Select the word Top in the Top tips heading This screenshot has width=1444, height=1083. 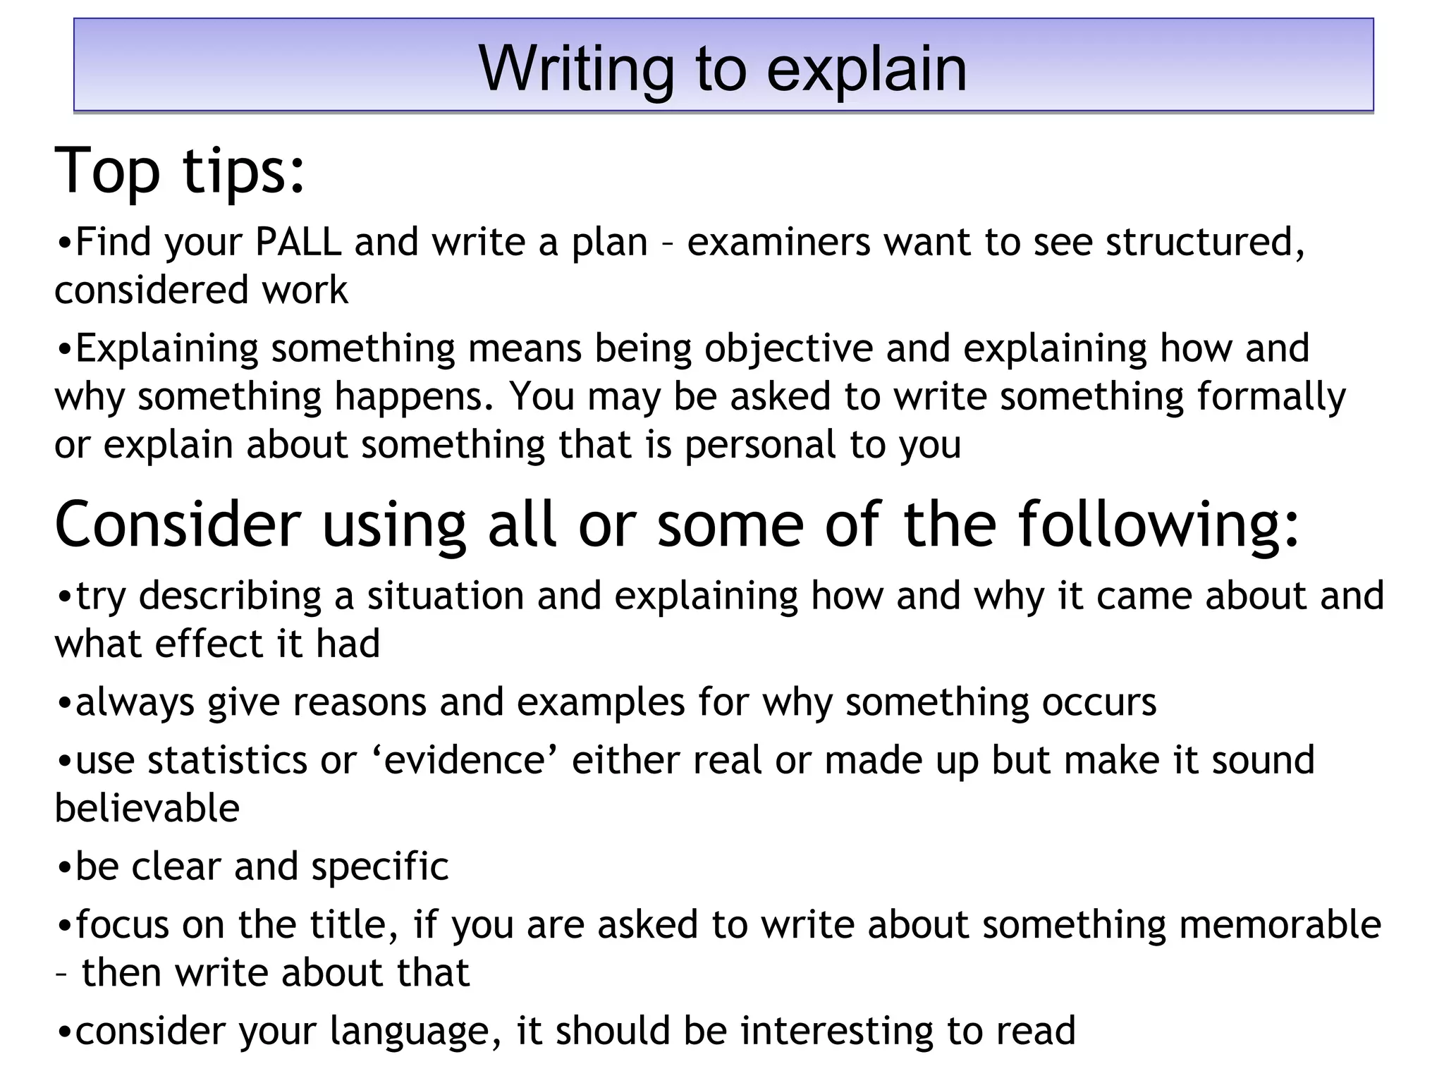coord(107,171)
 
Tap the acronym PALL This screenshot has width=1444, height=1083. coord(298,242)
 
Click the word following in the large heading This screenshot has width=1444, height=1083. coord(1158,525)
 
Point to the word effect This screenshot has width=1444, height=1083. coord(209,644)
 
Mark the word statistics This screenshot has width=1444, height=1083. coord(228,760)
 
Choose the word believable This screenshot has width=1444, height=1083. coord(147,808)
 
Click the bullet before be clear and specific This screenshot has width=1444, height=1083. coord(64,867)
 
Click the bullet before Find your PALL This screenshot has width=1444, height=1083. coord(64,243)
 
